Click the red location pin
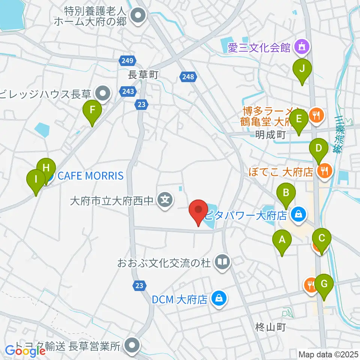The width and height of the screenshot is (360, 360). click(198, 212)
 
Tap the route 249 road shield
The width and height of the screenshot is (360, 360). click(126, 60)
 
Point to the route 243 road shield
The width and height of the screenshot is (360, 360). click(126, 91)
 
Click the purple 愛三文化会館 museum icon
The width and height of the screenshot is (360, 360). click(301, 47)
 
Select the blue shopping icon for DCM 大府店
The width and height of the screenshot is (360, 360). click(217, 299)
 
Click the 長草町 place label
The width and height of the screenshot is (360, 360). click(142, 75)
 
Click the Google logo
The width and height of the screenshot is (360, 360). click(25, 351)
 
